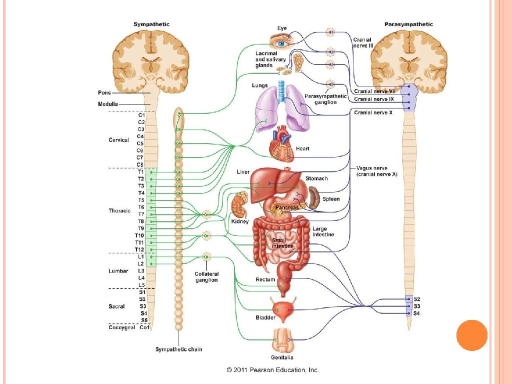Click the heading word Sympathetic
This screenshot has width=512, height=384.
pos(151,24)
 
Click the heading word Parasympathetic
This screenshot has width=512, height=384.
pos(408,24)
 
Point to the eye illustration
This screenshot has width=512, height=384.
pos(281,42)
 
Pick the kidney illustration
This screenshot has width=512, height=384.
pos(238,206)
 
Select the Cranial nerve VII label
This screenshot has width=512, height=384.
pos(374,91)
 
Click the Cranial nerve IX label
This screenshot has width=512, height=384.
pos(374,99)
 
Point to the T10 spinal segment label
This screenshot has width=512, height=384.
pos(139,235)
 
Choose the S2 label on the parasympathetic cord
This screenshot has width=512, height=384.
pos(417,298)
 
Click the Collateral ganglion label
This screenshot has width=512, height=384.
pos(206,277)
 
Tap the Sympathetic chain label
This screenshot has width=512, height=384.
pos(178,349)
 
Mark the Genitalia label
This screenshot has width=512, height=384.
pos(282,357)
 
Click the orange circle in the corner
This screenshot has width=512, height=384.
pos(471,335)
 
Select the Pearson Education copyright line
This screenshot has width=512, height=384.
pos(272,370)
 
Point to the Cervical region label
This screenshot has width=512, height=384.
pos(118,140)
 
